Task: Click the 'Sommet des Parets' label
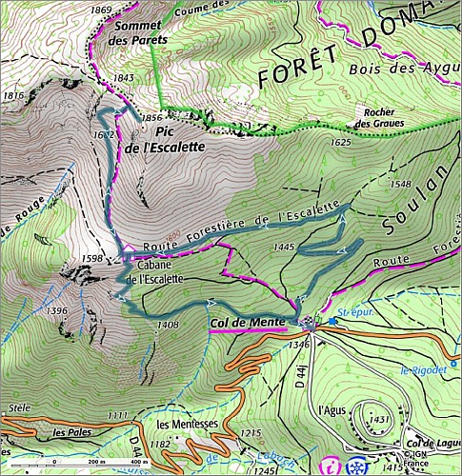tap(136, 33)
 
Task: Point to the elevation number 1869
tap(101, 10)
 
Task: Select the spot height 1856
tap(152, 117)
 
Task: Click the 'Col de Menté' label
tap(247, 323)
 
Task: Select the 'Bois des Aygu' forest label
tap(403, 68)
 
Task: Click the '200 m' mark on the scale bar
tap(80, 462)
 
